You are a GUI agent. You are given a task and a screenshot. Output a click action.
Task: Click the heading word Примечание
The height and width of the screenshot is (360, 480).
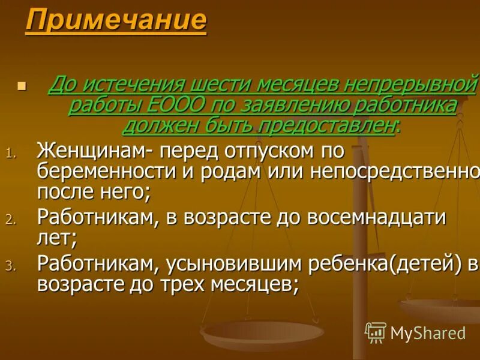point(116,20)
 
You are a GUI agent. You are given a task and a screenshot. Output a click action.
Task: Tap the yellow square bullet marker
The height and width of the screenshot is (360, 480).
point(22,86)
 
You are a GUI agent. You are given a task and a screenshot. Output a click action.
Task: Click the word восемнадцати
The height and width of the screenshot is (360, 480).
point(377,217)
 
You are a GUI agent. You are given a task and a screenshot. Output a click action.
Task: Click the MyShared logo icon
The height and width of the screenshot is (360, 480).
point(376,332)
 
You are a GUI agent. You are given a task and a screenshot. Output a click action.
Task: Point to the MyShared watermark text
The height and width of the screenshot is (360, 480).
point(428,333)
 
